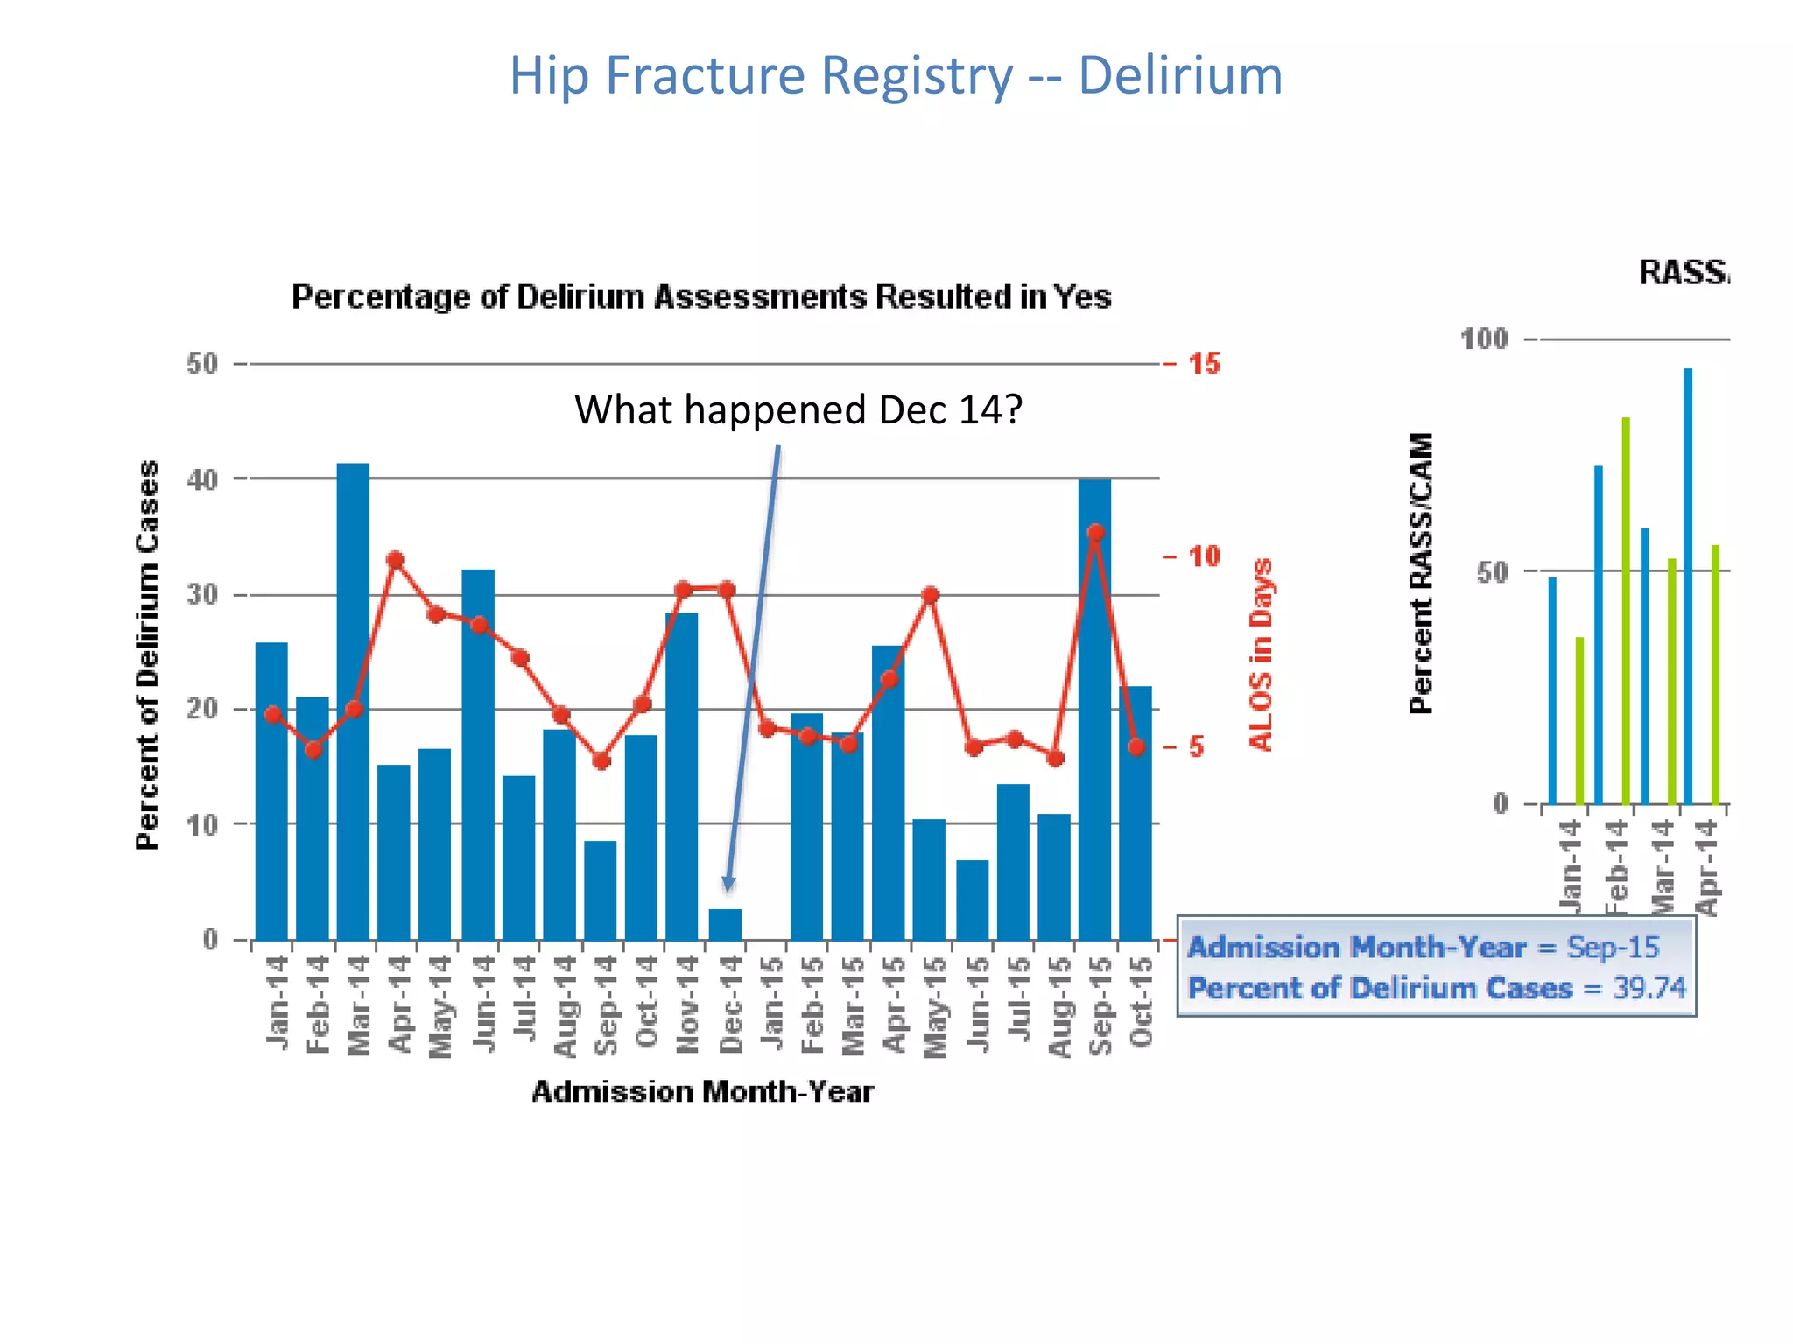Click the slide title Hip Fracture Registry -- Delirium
[x=896, y=75]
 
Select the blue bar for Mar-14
[x=353, y=700]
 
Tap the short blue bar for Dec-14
[x=725, y=924]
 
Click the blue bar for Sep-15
[x=1094, y=709]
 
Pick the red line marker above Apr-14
[x=395, y=560]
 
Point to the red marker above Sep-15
[x=1095, y=533]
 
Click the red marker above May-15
[x=931, y=596]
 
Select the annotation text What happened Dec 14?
[x=798, y=409]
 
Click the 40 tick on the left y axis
[x=202, y=479]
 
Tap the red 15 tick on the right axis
[x=1204, y=364]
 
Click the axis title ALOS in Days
[x=1260, y=654]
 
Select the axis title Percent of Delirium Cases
[x=148, y=654]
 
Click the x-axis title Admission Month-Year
[x=702, y=1091]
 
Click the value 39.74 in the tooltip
[x=1649, y=988]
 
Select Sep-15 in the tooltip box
[x=1613, y=947]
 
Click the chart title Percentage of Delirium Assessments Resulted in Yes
[x=701, y=297]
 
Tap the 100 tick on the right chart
[x=1484, y=339]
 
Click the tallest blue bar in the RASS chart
[x=1688, y=586]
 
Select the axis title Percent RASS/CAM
[x=1421, y=573]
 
